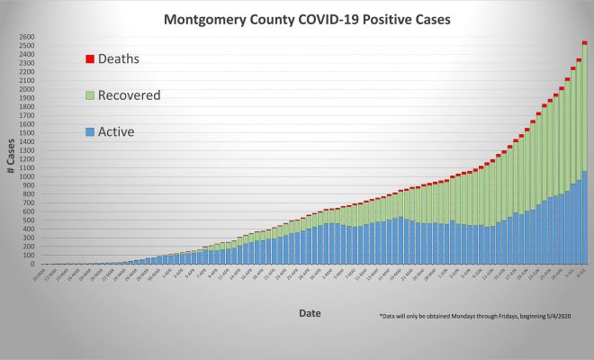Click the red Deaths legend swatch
pos(89,58)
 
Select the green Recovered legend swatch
pos(89,94)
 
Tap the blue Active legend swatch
pos(89,132)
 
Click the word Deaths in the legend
pos(119,58)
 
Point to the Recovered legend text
pos(130,94)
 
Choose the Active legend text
pos(117,132)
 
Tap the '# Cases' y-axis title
pos(12,150)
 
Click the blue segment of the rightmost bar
pos(584,217)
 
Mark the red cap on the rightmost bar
pos(584,42)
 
